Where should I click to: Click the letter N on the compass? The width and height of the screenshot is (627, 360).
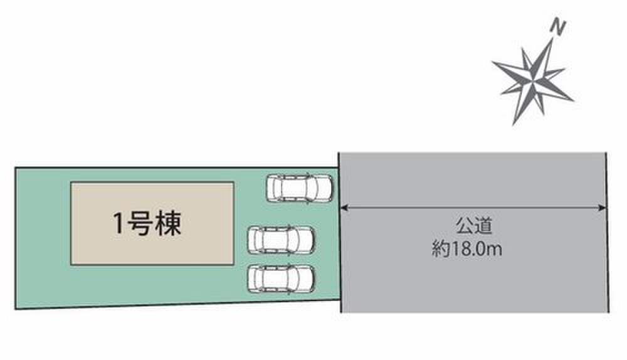(x=557, y=26)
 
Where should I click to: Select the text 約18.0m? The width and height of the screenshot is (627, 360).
(x=468, y=250)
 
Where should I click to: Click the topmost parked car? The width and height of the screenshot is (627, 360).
(x=298, y=188)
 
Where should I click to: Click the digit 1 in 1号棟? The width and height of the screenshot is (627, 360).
(x=118, y=224)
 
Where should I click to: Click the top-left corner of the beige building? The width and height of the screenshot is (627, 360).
(x=71, y=183)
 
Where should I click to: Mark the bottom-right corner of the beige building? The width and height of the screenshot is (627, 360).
(x=234, y=263)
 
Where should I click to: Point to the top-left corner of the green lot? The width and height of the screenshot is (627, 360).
(x=15, y=167)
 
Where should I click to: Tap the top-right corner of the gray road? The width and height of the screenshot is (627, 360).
(x=607, y=152)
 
